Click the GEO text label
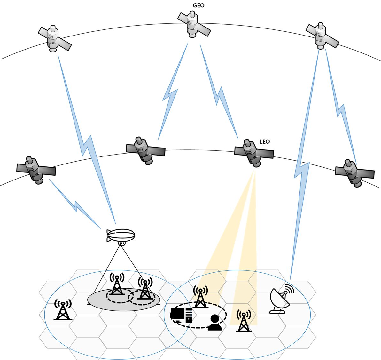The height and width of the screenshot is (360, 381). click(198, 5)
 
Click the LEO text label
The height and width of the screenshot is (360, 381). click(265, 141)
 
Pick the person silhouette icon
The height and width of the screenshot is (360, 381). click(214, 323)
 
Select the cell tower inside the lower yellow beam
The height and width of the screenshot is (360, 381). click(244, 321)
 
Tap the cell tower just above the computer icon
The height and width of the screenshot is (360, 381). click(200, 297)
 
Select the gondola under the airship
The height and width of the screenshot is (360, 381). click(121, 244)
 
